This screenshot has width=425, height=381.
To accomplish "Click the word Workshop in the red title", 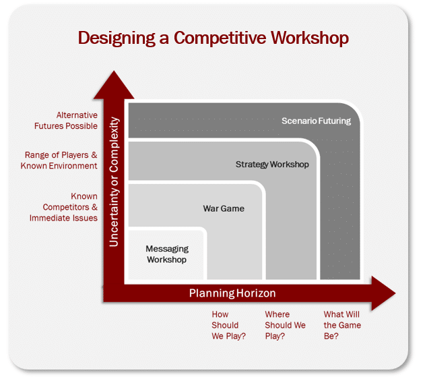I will [x=310, y=38].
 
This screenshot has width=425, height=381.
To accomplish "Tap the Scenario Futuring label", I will [x=316, y=121].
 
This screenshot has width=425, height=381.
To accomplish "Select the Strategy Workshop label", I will [x=272, y=165].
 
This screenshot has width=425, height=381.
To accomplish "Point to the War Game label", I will [x=224, y=208].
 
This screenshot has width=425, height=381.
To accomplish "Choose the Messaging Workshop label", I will [x=166, y=254].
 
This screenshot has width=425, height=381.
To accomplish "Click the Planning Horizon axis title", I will [x=232, y=293].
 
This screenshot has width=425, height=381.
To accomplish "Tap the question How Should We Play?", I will [x=228, y=325].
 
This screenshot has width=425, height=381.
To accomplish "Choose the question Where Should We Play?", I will [x=285, y=325].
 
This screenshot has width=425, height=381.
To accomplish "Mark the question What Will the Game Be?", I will [x=342, y=325].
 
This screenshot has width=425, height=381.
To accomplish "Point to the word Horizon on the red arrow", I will [x=256, y=293].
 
